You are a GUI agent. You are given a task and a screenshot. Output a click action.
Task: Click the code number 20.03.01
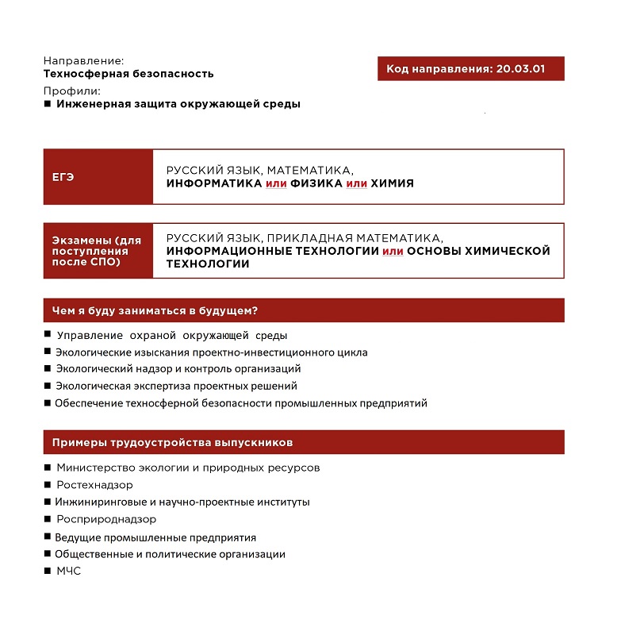click(x=520, y=69)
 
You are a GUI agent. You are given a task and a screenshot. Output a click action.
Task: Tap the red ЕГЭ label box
click(x=98, y=177)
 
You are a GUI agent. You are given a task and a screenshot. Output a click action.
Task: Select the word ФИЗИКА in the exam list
click(x=316, y=183)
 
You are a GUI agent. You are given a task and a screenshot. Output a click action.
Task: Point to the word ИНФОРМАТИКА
click(x=214, y=183)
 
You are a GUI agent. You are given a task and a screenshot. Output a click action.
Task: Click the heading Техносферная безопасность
click(x=128, y=74)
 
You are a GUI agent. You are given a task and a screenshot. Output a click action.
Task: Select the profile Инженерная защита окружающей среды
click(x=178, y=104)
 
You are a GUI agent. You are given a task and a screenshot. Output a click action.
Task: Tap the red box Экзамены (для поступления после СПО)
click(x=98, y=251)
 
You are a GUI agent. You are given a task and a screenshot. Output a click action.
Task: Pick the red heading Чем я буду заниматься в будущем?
click(x=156, y=310)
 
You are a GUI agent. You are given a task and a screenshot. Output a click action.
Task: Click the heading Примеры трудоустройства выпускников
click(x=172, y=442)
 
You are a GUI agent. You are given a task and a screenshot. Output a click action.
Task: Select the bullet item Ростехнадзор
click(x=94, y=485)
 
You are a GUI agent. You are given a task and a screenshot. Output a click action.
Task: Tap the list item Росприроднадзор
click(x=106, y=519)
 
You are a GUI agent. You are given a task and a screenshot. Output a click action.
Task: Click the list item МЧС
click(x=69, y=571)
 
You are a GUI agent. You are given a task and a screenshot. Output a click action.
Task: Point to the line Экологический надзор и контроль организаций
click(x=178, y=369)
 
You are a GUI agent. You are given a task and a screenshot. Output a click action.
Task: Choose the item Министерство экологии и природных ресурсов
click(x=188, y=468)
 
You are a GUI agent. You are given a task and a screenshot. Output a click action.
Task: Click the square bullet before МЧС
click(x=48, y=571)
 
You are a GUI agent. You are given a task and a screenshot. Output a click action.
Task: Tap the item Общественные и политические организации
click(x=170, y=554)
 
